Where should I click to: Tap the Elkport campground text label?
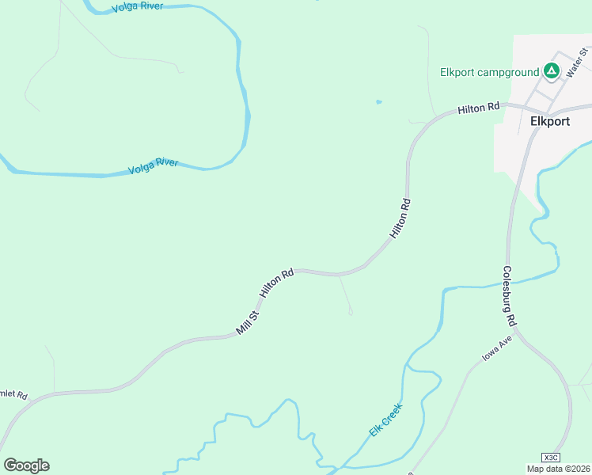pyautogui.click(x=489, y=73)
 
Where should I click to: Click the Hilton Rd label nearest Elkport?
pyautogui.click(x=479, y=108)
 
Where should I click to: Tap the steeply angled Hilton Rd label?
pyautogui.click(x=400, y=218)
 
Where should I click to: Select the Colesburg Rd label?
pyautogui.click(x=510, y=296)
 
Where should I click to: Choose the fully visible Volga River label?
pyautogui.click(x=154, y=166)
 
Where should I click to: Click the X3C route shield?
pyautogui.click(x=551, y=458)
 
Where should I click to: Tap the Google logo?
pyautogui.click(x=26, y=465)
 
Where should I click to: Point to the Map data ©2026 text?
pyautogui.click(x=558, y=469)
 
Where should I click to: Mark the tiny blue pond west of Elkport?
pyautogui.click(x=379, y=101)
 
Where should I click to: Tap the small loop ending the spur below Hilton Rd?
pyautogui.click(x=351, y=313)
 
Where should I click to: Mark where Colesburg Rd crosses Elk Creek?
pyautogui.click(x=507, y=281)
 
